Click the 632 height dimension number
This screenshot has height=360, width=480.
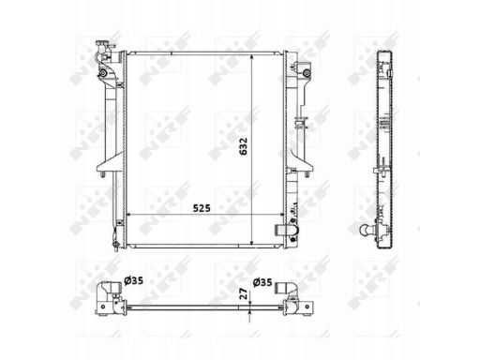pos(244,146)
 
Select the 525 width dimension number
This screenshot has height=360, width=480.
pos(202,208)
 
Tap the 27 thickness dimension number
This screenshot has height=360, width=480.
pos(244,293)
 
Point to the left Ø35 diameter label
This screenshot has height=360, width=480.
pos(134,280)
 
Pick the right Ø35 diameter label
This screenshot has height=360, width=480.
pos(262,282)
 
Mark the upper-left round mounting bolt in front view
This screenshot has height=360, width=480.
pos(102,73)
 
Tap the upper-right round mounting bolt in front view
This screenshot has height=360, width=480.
pos(307,73)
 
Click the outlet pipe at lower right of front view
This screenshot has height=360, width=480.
pos(286,231)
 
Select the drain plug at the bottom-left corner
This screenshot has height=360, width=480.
pos(115,245)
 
